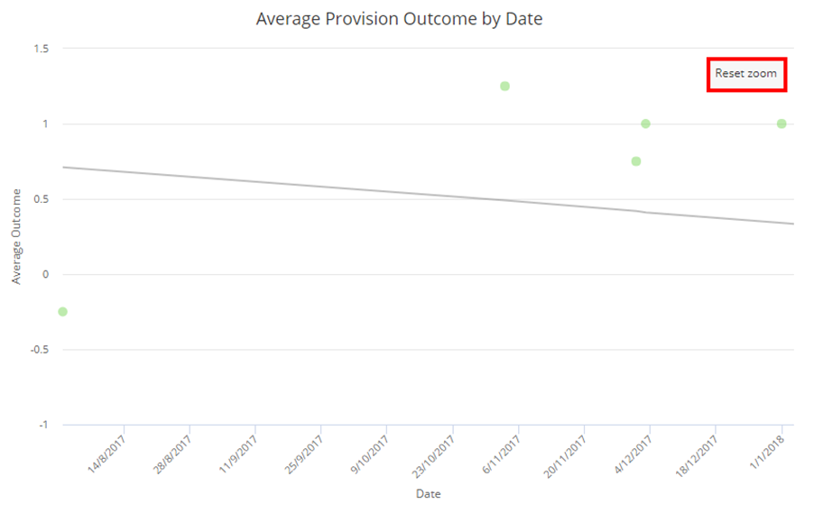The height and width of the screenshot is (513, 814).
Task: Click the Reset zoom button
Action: (746, 74)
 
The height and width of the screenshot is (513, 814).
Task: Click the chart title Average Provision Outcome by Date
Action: (399, 18)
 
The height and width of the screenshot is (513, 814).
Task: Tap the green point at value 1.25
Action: (504, 87)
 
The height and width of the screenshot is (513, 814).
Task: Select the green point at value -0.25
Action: (62, 312)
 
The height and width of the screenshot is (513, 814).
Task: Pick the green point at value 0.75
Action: (636, 161)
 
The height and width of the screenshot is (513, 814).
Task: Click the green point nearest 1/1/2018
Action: (782, 124)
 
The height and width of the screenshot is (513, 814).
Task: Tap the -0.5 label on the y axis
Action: (41, 350)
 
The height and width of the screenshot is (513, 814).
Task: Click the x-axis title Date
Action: (428, 494)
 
